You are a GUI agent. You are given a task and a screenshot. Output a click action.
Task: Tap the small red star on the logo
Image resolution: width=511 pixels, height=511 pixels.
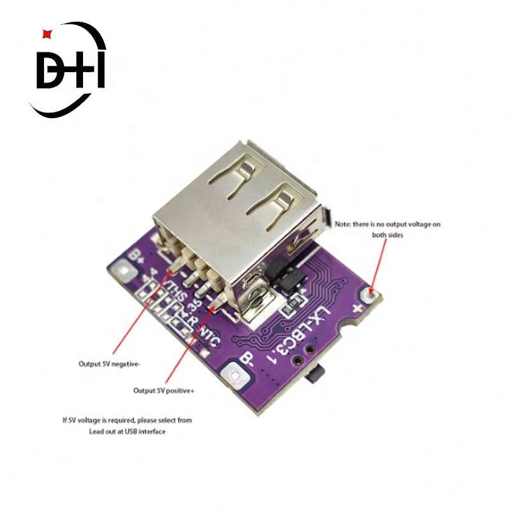pyautogui.click(x=45, y=31)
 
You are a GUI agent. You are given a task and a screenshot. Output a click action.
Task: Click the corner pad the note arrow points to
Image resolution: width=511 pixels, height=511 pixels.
pyautogui.click(x=369, y=294)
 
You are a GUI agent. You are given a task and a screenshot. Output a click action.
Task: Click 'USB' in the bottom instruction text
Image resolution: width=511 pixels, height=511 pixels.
pyautogui.click(x=132, y=432)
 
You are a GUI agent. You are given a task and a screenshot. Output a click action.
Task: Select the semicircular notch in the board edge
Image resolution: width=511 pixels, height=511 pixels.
pyautogui.click(x=345, y=330)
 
